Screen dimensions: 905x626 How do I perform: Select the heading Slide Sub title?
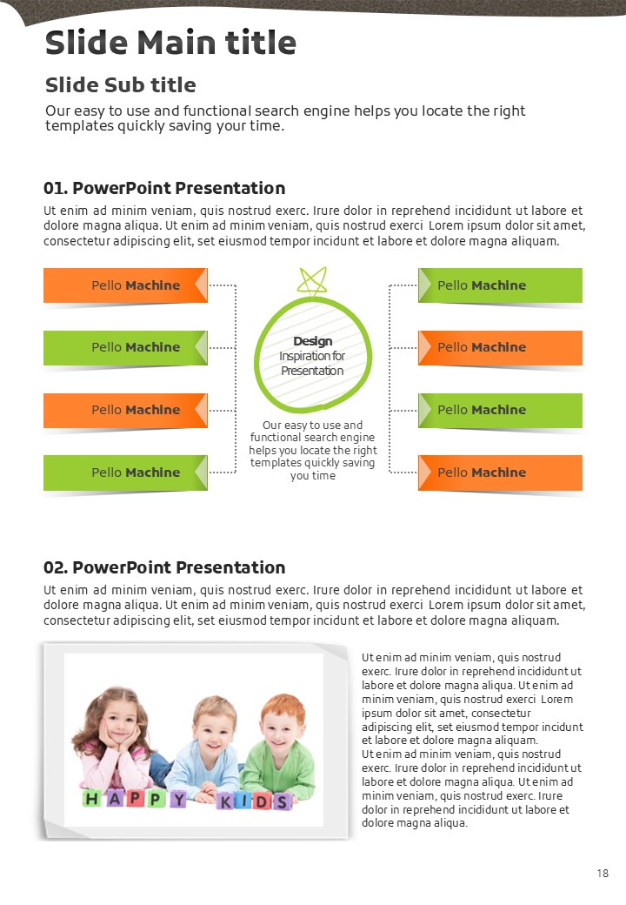(x=120, y=85)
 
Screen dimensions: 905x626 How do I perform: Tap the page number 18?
(x=603, y=873)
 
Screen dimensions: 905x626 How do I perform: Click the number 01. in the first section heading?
(x=55, y=188)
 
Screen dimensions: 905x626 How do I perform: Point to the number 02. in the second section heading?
(x=55, y=567)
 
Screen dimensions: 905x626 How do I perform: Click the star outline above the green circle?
(x=312, y=280)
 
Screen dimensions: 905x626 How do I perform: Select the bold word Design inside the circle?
(x=312, y=341)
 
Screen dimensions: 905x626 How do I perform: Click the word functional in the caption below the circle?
(x=274, y=438)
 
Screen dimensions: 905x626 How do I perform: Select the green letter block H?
(x=91, y=797)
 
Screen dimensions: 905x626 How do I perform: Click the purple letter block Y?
(x=177, y=799)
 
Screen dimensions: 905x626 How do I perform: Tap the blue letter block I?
(x=243, y=801)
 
